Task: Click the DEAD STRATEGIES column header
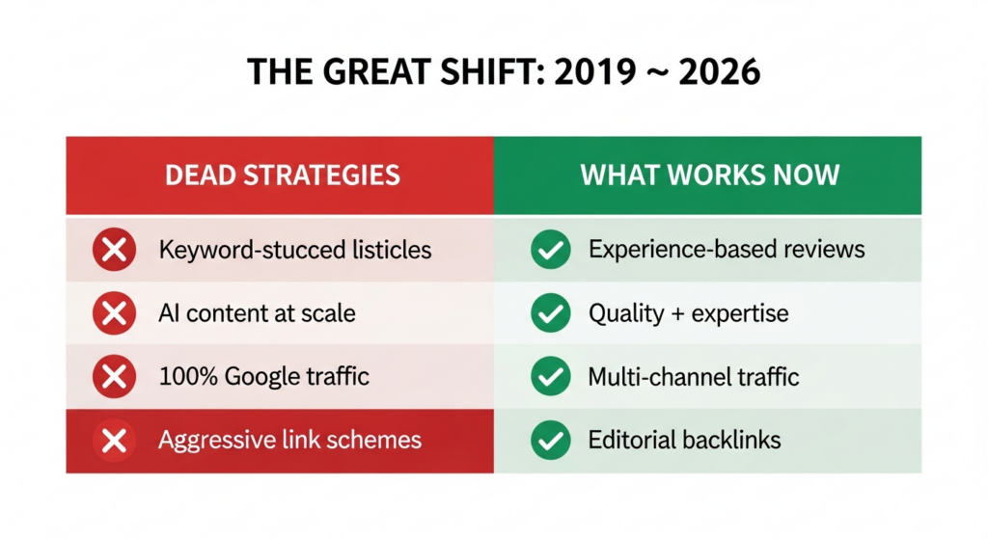click(282, 175)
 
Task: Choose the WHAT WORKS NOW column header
click(709, 175)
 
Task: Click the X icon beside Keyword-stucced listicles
click(114, 251)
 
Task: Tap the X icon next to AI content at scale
click(114, 313)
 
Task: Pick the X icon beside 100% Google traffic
click(114, 376)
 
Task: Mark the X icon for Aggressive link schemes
click(114, 441)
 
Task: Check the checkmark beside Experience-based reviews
click(551, 251)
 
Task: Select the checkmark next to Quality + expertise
click(551, 313)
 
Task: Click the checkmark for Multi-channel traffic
click(551, 376)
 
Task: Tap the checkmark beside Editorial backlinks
click(551, 441)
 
